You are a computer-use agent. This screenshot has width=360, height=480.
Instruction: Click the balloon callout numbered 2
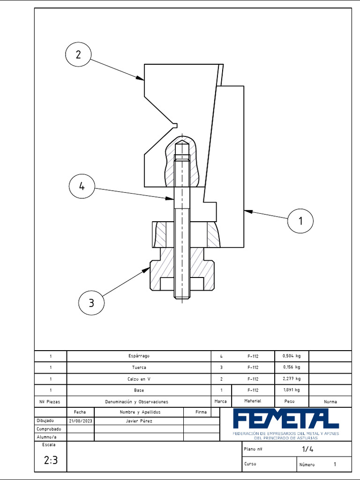tap(78, 54)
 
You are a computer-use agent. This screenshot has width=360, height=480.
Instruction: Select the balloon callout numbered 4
tap(82, 186)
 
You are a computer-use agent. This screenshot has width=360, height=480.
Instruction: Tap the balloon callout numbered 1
tap(300, 220)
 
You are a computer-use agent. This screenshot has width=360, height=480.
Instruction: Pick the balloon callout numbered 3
tap(91, 303)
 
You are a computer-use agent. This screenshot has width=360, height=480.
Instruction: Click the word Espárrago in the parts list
tap(139, 356)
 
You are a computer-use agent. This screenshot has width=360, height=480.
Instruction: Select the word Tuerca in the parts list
tap(139, 367)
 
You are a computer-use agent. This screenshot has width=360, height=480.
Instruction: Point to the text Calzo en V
tap(139, 379)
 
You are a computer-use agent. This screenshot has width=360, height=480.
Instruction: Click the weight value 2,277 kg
tap(292, 379)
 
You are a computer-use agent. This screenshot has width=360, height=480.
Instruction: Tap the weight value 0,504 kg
tap(292, 356)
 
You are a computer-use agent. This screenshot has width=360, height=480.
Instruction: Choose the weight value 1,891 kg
tap(292, 390)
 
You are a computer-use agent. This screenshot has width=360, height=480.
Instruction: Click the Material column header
tap(253, 401)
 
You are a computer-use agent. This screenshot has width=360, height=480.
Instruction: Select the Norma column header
tap(330, 402)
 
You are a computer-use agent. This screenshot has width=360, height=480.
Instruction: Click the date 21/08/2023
tap(81, 421)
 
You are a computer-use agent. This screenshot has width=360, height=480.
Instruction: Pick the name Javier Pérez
tap(139, 421)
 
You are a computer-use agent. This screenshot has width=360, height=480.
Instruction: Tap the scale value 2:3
tap(51, 460)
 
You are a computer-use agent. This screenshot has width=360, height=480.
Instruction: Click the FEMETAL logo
tap(285, 419)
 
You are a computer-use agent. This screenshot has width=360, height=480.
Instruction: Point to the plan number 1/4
tap(307, 449)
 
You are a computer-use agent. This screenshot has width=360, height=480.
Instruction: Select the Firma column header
tap(201, 412)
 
